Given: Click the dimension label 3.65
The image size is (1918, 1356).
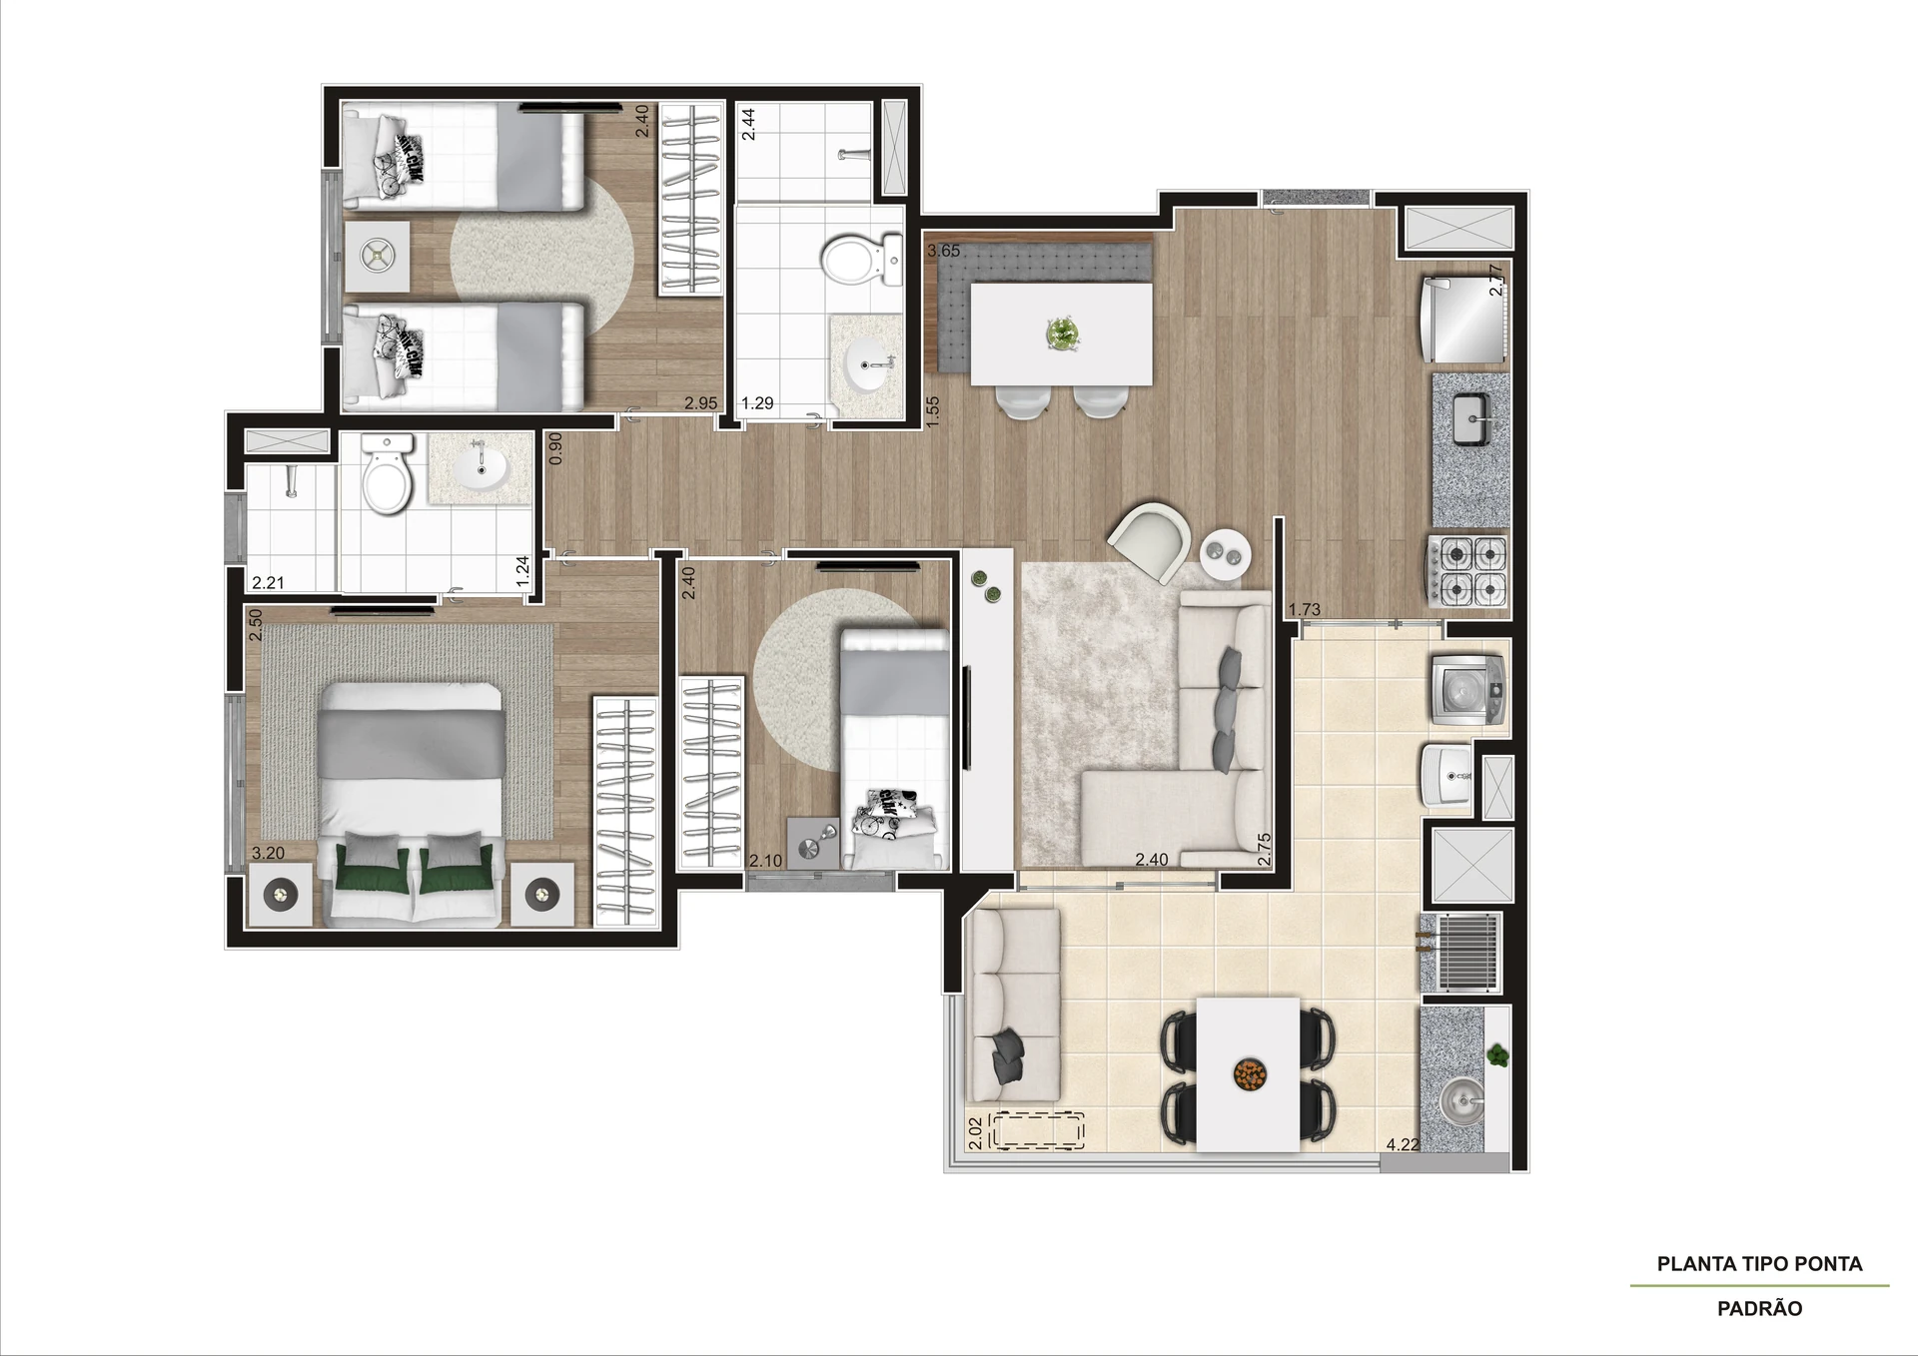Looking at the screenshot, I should [943, 251].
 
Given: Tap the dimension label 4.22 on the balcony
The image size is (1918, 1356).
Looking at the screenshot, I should [1403, 1144].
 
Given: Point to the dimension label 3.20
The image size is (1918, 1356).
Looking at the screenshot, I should [268, 853].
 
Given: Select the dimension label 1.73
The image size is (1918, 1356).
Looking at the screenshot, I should [1305, 609].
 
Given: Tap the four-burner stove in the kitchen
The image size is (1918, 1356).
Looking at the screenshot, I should [1467, 570].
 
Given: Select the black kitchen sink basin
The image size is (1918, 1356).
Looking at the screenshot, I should [1471, 420].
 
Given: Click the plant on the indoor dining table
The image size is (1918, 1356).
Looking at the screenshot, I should [1060, 334].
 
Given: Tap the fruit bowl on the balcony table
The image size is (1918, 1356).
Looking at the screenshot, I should [1248, 1074].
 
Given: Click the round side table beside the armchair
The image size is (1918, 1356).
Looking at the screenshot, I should [1225, 552].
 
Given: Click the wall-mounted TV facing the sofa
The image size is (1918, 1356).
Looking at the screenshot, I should [967, 717].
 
